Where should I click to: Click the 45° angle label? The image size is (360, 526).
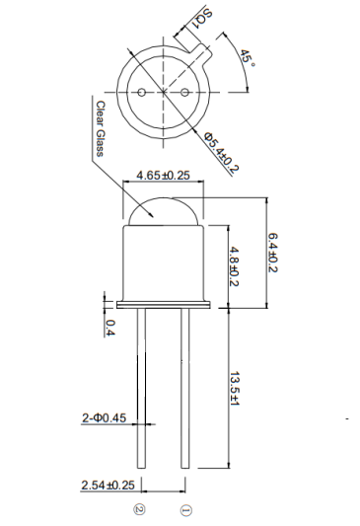click(x=247, y=56)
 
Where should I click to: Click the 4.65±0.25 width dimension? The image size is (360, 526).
click(x=163, y=175)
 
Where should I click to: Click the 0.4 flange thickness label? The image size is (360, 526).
click(x=110, y=328)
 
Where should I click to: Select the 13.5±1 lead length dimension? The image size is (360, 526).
click(x=234, y=393)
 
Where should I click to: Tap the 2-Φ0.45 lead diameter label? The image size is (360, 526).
click(x=103, y=418)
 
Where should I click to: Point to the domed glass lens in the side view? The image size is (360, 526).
click(x=163, y=208)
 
